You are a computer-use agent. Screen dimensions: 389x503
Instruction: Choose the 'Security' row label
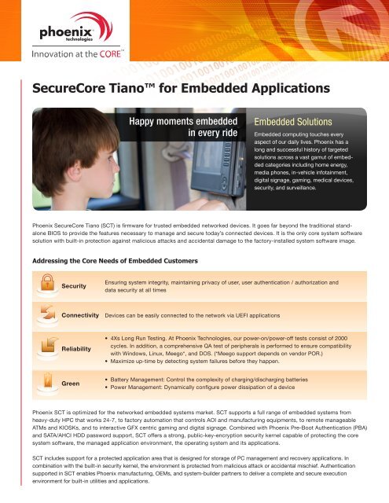(x=75, y=286)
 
